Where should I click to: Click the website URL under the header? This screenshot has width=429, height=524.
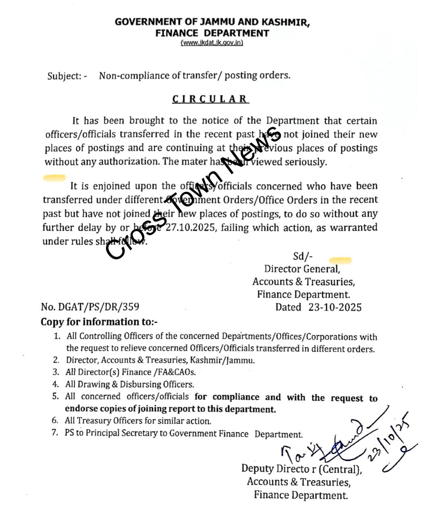point(212,43)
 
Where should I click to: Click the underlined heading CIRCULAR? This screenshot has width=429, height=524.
point(210,99)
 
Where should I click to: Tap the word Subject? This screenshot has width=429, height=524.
point(64,76)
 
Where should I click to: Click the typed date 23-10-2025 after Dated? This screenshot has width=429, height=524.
point(335,307)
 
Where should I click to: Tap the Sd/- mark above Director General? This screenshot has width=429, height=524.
point(303,256)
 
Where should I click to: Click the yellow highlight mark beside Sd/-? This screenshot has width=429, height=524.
point(340,260)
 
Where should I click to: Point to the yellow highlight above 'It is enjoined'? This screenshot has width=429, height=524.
point(54,177)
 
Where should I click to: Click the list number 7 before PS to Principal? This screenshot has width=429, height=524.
point(55,433)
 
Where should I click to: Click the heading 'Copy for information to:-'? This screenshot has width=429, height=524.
point(99,322)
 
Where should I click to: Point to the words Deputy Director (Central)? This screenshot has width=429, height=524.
point(301,469)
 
